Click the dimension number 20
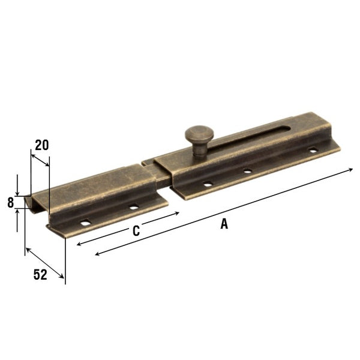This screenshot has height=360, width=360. pyautogui.click(x=42, y=145)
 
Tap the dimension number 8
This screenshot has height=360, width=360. pyautogui.click(x=10, y=203)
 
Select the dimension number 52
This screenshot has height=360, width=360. pyautogui.click(x=40, y=275)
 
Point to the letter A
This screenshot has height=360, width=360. pyautogui.click(x=224, y=224)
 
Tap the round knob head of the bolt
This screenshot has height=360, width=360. pyautogui.click(x=197, y=133)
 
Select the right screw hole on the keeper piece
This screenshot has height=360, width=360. pyautogui.click(x=133, y=207)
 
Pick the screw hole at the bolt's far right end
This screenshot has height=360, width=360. pyautogui.click(x=311, y=150)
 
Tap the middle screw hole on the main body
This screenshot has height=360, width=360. pyautogui.click(x=247, y=171)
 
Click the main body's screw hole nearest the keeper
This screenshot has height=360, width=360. pyautogui.click(x=206, y=184)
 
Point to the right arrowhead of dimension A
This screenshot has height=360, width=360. pyautogui.click(x=351, y=170)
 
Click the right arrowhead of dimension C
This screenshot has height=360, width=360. pyautogui.click(x=177, y=213)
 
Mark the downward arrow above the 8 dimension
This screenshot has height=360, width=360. pyautogui.click(x=17, y=191)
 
